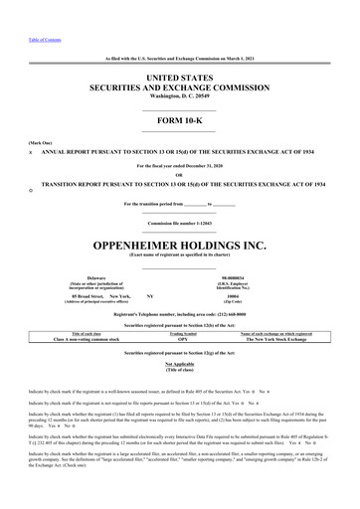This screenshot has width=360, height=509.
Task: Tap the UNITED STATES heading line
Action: click(179, 48)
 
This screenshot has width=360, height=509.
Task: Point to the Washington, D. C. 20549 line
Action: click(179, 72)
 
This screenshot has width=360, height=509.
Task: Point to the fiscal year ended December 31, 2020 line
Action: click(179, 165)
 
